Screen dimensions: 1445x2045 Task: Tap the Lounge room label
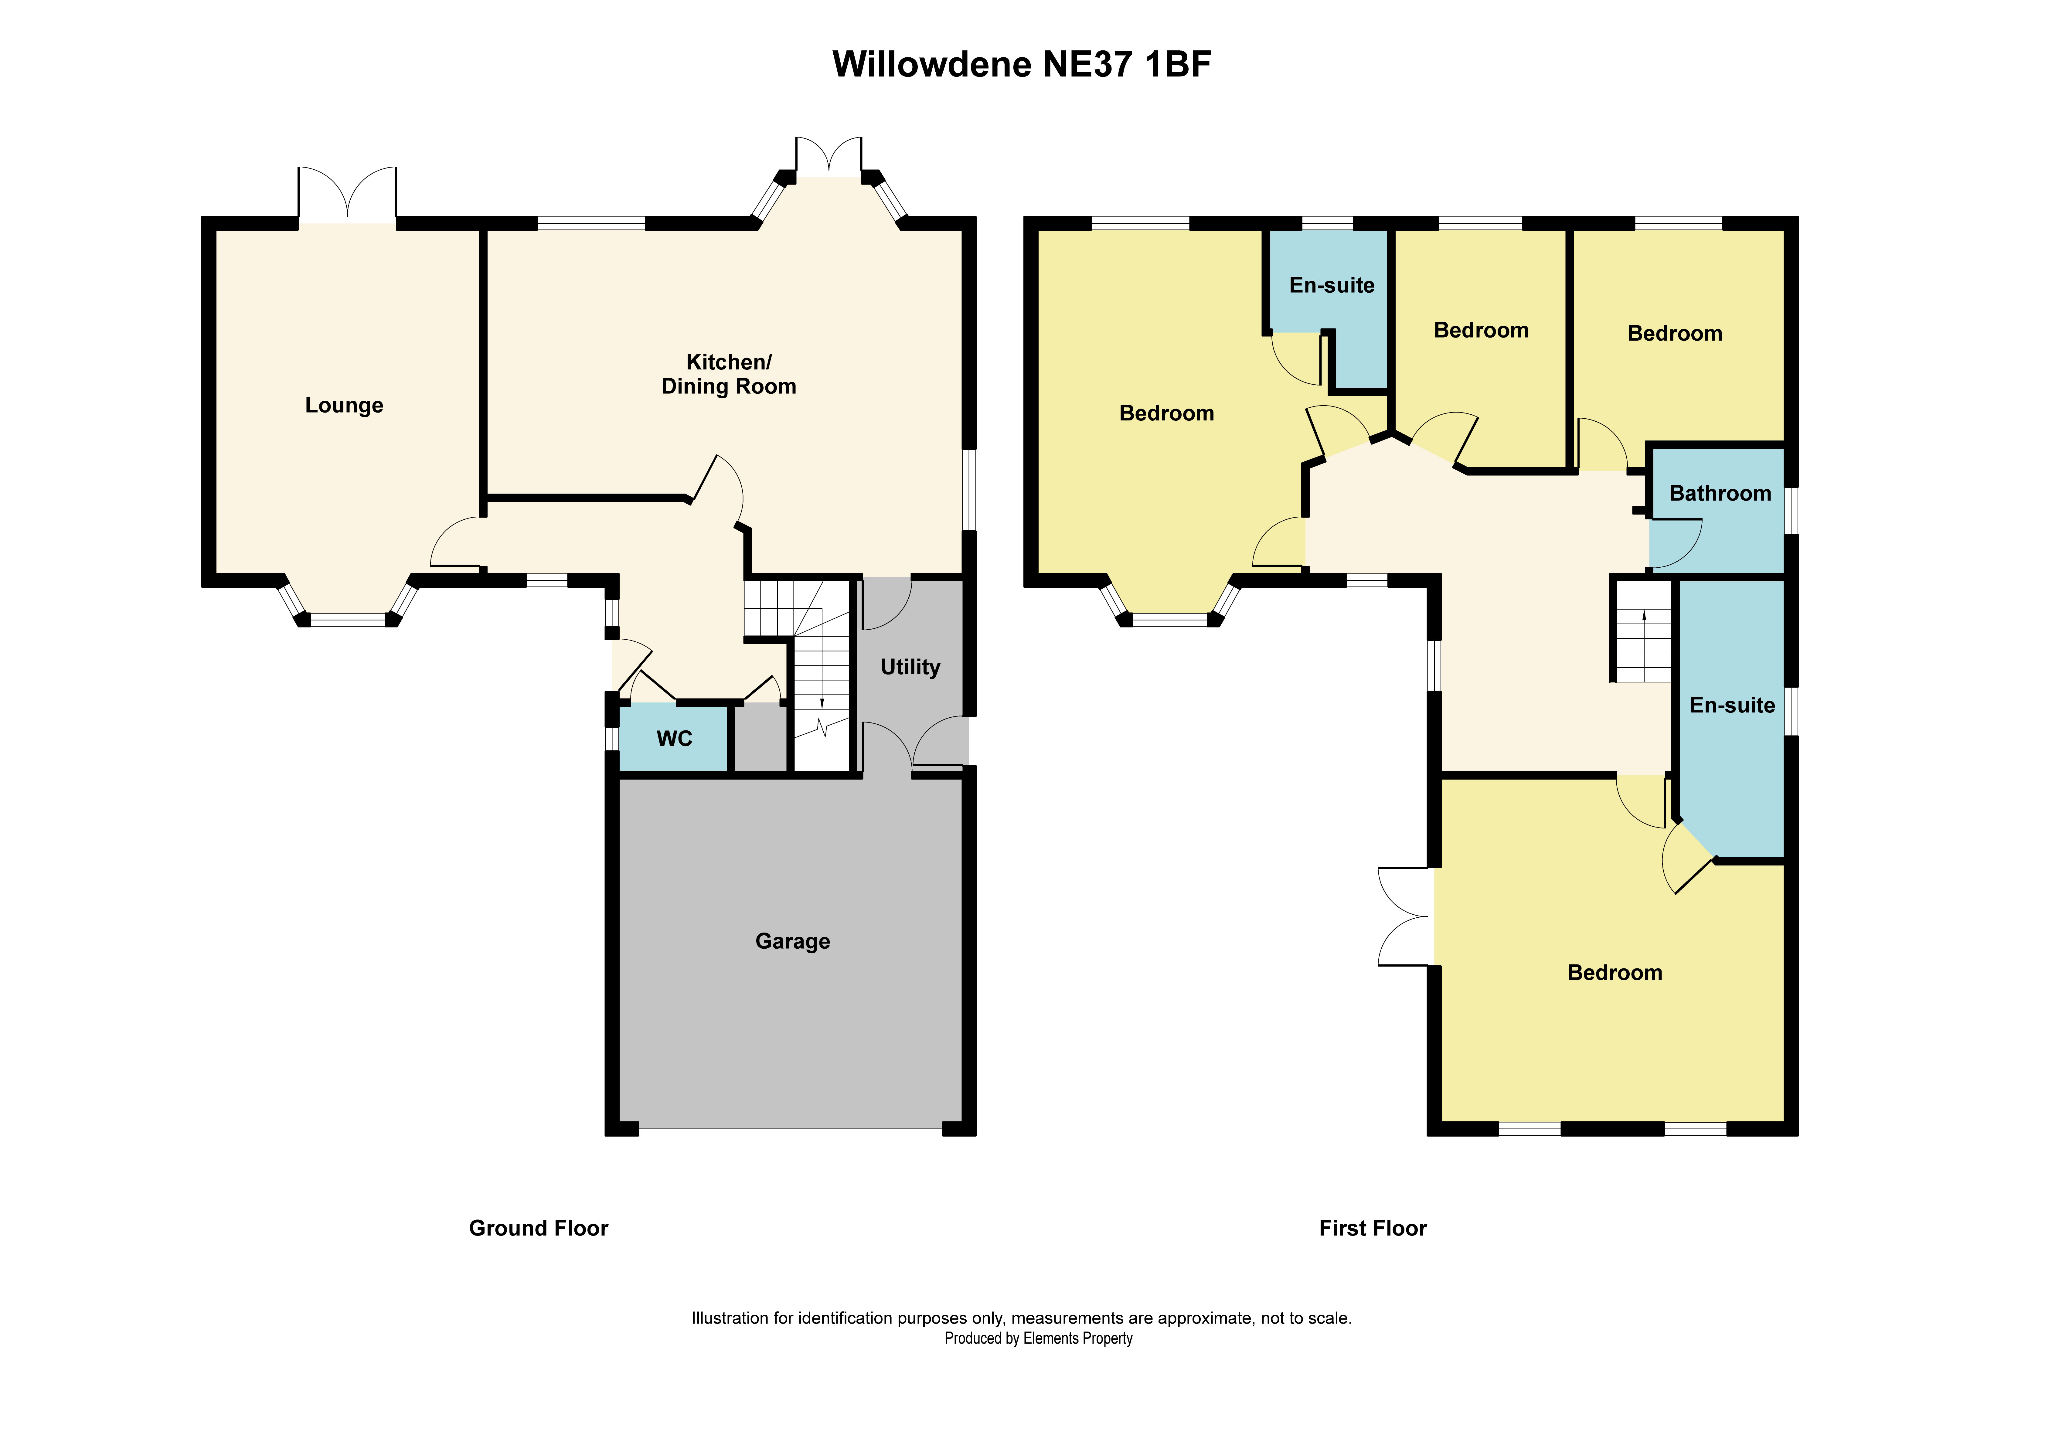(344, 405)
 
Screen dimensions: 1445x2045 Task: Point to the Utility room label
(909, 667)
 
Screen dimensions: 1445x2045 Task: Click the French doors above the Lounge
(346, 194)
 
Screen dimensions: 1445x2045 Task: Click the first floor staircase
(1643, 633)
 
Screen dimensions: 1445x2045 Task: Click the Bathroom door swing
(1675, 543)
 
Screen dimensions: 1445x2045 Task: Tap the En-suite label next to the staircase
(1731, 705)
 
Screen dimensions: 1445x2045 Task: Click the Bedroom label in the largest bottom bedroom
(1614, 973)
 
